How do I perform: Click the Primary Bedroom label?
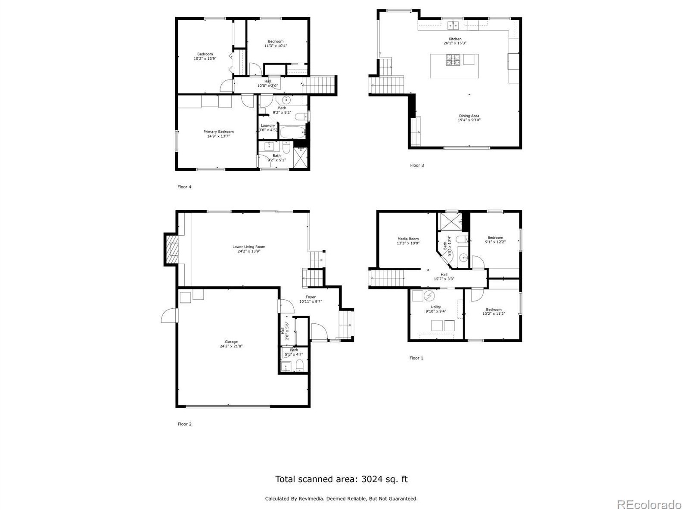click(x=218, y=132)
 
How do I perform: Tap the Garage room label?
click(x=231, y=342)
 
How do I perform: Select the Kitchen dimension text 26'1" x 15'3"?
click(x=455, y=43)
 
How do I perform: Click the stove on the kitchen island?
click(x=453, y=60)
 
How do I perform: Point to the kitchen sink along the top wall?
click(x=453, y=25)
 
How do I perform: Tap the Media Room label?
click(x=408, y=239)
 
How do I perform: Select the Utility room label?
click(x=436, y=307)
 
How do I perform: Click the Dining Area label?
click(x=469, y=116)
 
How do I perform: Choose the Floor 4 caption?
click(x=184, y=187)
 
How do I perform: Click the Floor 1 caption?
click(x=416, y=358)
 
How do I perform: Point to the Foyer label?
click(x=310, y=297)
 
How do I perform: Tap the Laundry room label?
click(x=267, y=126)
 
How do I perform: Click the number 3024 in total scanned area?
click(x=373, y=479)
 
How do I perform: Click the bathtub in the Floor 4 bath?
click(x=292, y=132)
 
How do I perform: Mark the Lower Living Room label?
click(x=249, y=247)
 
